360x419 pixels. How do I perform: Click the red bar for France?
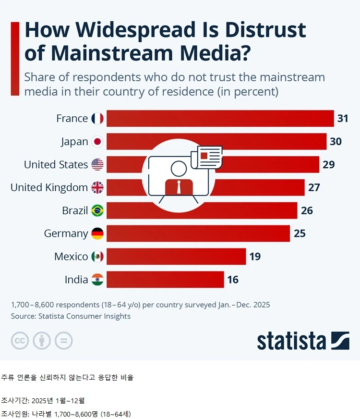[220, 118]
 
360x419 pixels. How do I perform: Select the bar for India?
[165, 280]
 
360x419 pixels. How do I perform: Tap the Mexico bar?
[176, 257]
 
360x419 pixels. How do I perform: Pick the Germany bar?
[198, 234]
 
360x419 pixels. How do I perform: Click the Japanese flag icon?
[97, 141]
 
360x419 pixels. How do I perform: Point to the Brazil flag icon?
[97, 210]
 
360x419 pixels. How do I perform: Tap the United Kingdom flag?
[97, 187]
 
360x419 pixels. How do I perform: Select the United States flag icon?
[97, 164]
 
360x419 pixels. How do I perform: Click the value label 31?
[343, 118]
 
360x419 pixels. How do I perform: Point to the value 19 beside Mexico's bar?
[255, 257]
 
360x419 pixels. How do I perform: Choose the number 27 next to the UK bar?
[314, 187]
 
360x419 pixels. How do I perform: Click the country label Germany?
[66, 234]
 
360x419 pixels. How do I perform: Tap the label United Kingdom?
[49, 187]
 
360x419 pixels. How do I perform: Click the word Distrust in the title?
[265, 30]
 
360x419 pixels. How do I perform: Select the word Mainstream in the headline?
[112, 53]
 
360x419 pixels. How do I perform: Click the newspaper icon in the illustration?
[206, 157]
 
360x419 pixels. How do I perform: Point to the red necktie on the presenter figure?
[179, 187]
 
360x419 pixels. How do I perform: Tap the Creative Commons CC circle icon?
[20, 341]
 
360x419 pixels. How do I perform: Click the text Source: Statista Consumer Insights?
[71, 316]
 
